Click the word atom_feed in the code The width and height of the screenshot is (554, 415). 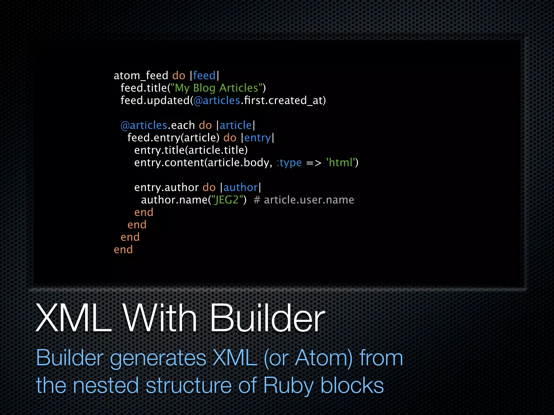[141, 76]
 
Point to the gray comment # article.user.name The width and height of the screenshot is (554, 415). [304, 200]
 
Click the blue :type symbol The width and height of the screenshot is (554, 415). [289, 163]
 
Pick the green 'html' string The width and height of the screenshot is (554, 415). [341, 163]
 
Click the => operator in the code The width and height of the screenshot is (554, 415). [314, 163]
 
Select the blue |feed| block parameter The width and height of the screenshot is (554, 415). [204, 76]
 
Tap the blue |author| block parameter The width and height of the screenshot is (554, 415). [240, 188]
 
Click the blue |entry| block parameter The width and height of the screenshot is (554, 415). [257, 138]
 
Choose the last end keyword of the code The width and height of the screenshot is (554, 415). [123, 250]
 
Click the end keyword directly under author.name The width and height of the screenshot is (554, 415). [144, 212]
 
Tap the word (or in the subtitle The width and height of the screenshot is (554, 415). [276, 358]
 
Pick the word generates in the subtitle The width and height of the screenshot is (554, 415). [158, 358]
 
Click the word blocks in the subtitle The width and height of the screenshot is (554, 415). [352, 385]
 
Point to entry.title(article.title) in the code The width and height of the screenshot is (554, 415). [191, 150]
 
